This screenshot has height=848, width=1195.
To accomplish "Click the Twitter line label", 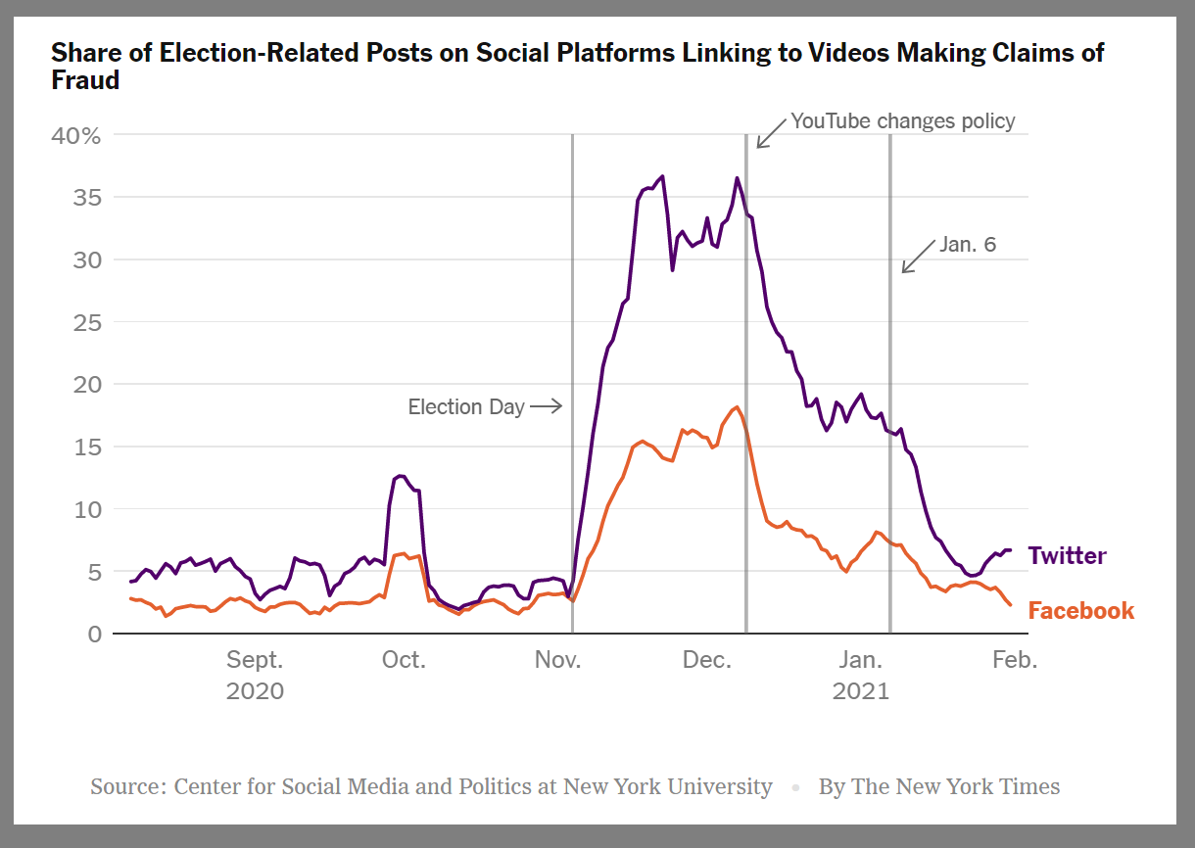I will [x=1067, y=556].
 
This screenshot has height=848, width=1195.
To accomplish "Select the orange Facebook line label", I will [x=1080, y=611].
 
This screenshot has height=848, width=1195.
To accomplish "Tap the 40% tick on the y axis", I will [x=75, y=135].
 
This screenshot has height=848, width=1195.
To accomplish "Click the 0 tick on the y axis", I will [x=94, y=634].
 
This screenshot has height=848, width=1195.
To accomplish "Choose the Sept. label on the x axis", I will [x=256, y=660].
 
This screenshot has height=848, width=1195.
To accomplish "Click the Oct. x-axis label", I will [x=404, y=660].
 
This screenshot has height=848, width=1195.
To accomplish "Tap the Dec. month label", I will [x=707, y=660].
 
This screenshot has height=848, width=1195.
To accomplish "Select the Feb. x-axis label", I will [x=1014, y=660].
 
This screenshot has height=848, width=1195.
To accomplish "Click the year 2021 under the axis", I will [x=861, y=691].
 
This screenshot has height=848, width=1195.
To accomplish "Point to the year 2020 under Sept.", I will [x=256, y=691].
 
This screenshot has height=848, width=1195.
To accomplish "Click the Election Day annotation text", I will [x=466, y=406].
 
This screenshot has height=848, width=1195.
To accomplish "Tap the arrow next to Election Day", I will [x=546, y=406].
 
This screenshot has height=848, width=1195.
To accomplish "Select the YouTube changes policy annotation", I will [x=903, y=121].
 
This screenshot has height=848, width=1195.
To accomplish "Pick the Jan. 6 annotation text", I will [x=968, y=245].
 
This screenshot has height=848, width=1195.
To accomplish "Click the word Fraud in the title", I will [x=85, y=80].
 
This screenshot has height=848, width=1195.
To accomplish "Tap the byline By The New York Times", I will [x=939, y=786].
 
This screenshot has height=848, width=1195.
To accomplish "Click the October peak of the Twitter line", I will [x=401, y=476].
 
